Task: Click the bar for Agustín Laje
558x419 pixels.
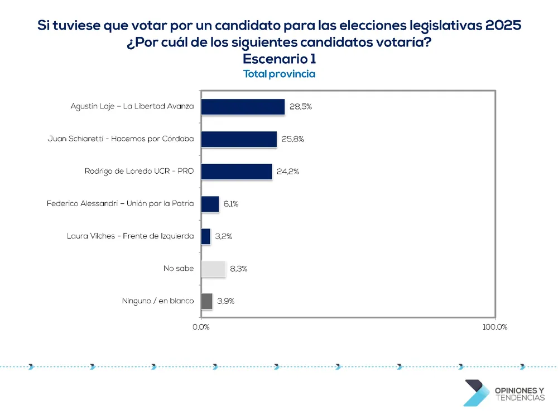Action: (x=243, y=107)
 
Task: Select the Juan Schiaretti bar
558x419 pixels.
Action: (x=239, y=139)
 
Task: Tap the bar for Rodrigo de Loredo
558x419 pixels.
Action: (x=237, y=172)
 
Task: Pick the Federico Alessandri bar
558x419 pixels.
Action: (x=210, y=204)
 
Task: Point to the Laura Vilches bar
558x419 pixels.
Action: (x=206, y=236)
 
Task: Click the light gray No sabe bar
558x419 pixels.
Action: (x=213, y=269)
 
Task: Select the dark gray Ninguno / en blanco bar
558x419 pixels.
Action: (x=206, y=301)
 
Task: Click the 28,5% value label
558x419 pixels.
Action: (x=300, y=107)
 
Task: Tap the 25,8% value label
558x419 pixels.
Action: (x=292, y=139)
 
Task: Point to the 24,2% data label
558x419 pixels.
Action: (x=288, y=172)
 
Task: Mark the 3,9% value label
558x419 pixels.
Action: (x=225, y=301)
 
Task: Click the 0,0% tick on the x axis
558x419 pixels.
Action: (x=201, y=327)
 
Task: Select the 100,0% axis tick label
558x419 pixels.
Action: (x=494, y=327)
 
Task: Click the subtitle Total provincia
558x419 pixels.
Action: (x=279, y=74)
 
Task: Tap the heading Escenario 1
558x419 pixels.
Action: (x=279, y=59)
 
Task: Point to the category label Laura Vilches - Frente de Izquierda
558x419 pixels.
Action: (x=130, y=236)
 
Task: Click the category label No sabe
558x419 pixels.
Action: (x=179, y=269)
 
